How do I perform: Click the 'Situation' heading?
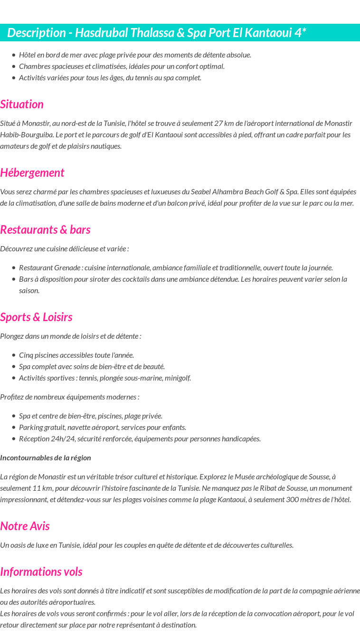22,105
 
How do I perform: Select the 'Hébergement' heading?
32,173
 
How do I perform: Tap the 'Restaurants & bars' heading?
45,230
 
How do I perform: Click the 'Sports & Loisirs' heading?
36,317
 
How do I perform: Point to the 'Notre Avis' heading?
25,526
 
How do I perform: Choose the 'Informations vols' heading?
41,572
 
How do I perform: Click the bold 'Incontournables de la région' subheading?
46,458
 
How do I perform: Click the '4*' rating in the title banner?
300,33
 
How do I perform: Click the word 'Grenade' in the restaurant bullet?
67,268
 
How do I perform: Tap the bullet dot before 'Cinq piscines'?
14,355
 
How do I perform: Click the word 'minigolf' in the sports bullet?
177,378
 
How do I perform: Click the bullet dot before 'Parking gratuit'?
14,428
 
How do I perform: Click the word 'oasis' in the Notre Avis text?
18,545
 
